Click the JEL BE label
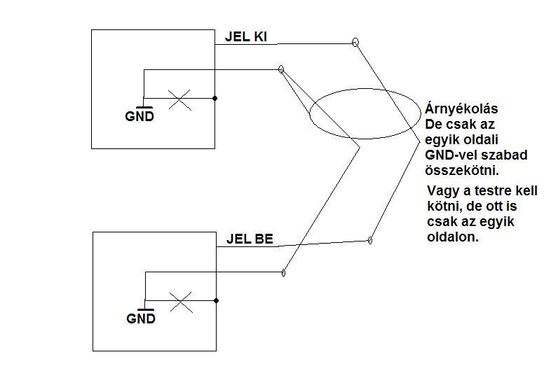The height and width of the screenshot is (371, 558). (x=250, y=238)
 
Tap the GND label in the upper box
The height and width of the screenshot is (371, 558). (x=139, y=116)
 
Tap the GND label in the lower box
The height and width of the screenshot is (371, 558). (x=141, y=318)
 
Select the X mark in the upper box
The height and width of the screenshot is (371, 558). (x=180, y=99)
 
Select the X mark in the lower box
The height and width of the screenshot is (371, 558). (x=181, y=301)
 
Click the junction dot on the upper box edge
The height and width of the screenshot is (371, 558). (x=215, y=99)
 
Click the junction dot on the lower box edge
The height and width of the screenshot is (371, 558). (x=216, y=301)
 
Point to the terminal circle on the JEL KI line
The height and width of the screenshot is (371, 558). (x=355, y=43)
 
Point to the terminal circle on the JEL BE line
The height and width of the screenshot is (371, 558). (x=369, y=241)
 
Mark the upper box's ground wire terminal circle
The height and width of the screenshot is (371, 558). (x=281, y=69)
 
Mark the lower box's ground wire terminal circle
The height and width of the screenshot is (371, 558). (x=283, y=272)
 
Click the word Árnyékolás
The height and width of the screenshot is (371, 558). (x=462, y=109)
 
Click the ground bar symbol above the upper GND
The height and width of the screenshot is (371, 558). (x=144, y=107)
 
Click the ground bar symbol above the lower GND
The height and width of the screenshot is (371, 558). (x=146, y=309)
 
